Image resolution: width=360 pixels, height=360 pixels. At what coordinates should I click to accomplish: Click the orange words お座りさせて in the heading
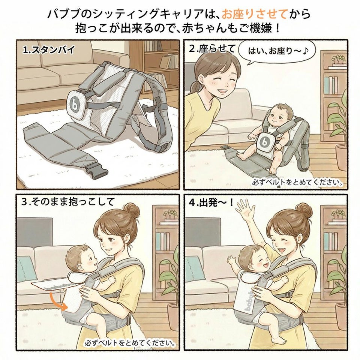(x=255, y=15)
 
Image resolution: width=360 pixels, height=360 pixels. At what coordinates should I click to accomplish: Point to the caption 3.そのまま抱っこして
(x=68, y=202)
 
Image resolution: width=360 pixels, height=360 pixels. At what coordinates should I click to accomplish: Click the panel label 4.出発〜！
(x=211, y=202)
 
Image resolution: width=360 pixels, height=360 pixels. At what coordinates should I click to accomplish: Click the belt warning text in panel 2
(x=298, y=183)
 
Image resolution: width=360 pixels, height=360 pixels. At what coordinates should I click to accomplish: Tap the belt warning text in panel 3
(x=130, y=343)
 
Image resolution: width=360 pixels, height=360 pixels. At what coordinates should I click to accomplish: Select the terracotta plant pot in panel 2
(x=342, y=157)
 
